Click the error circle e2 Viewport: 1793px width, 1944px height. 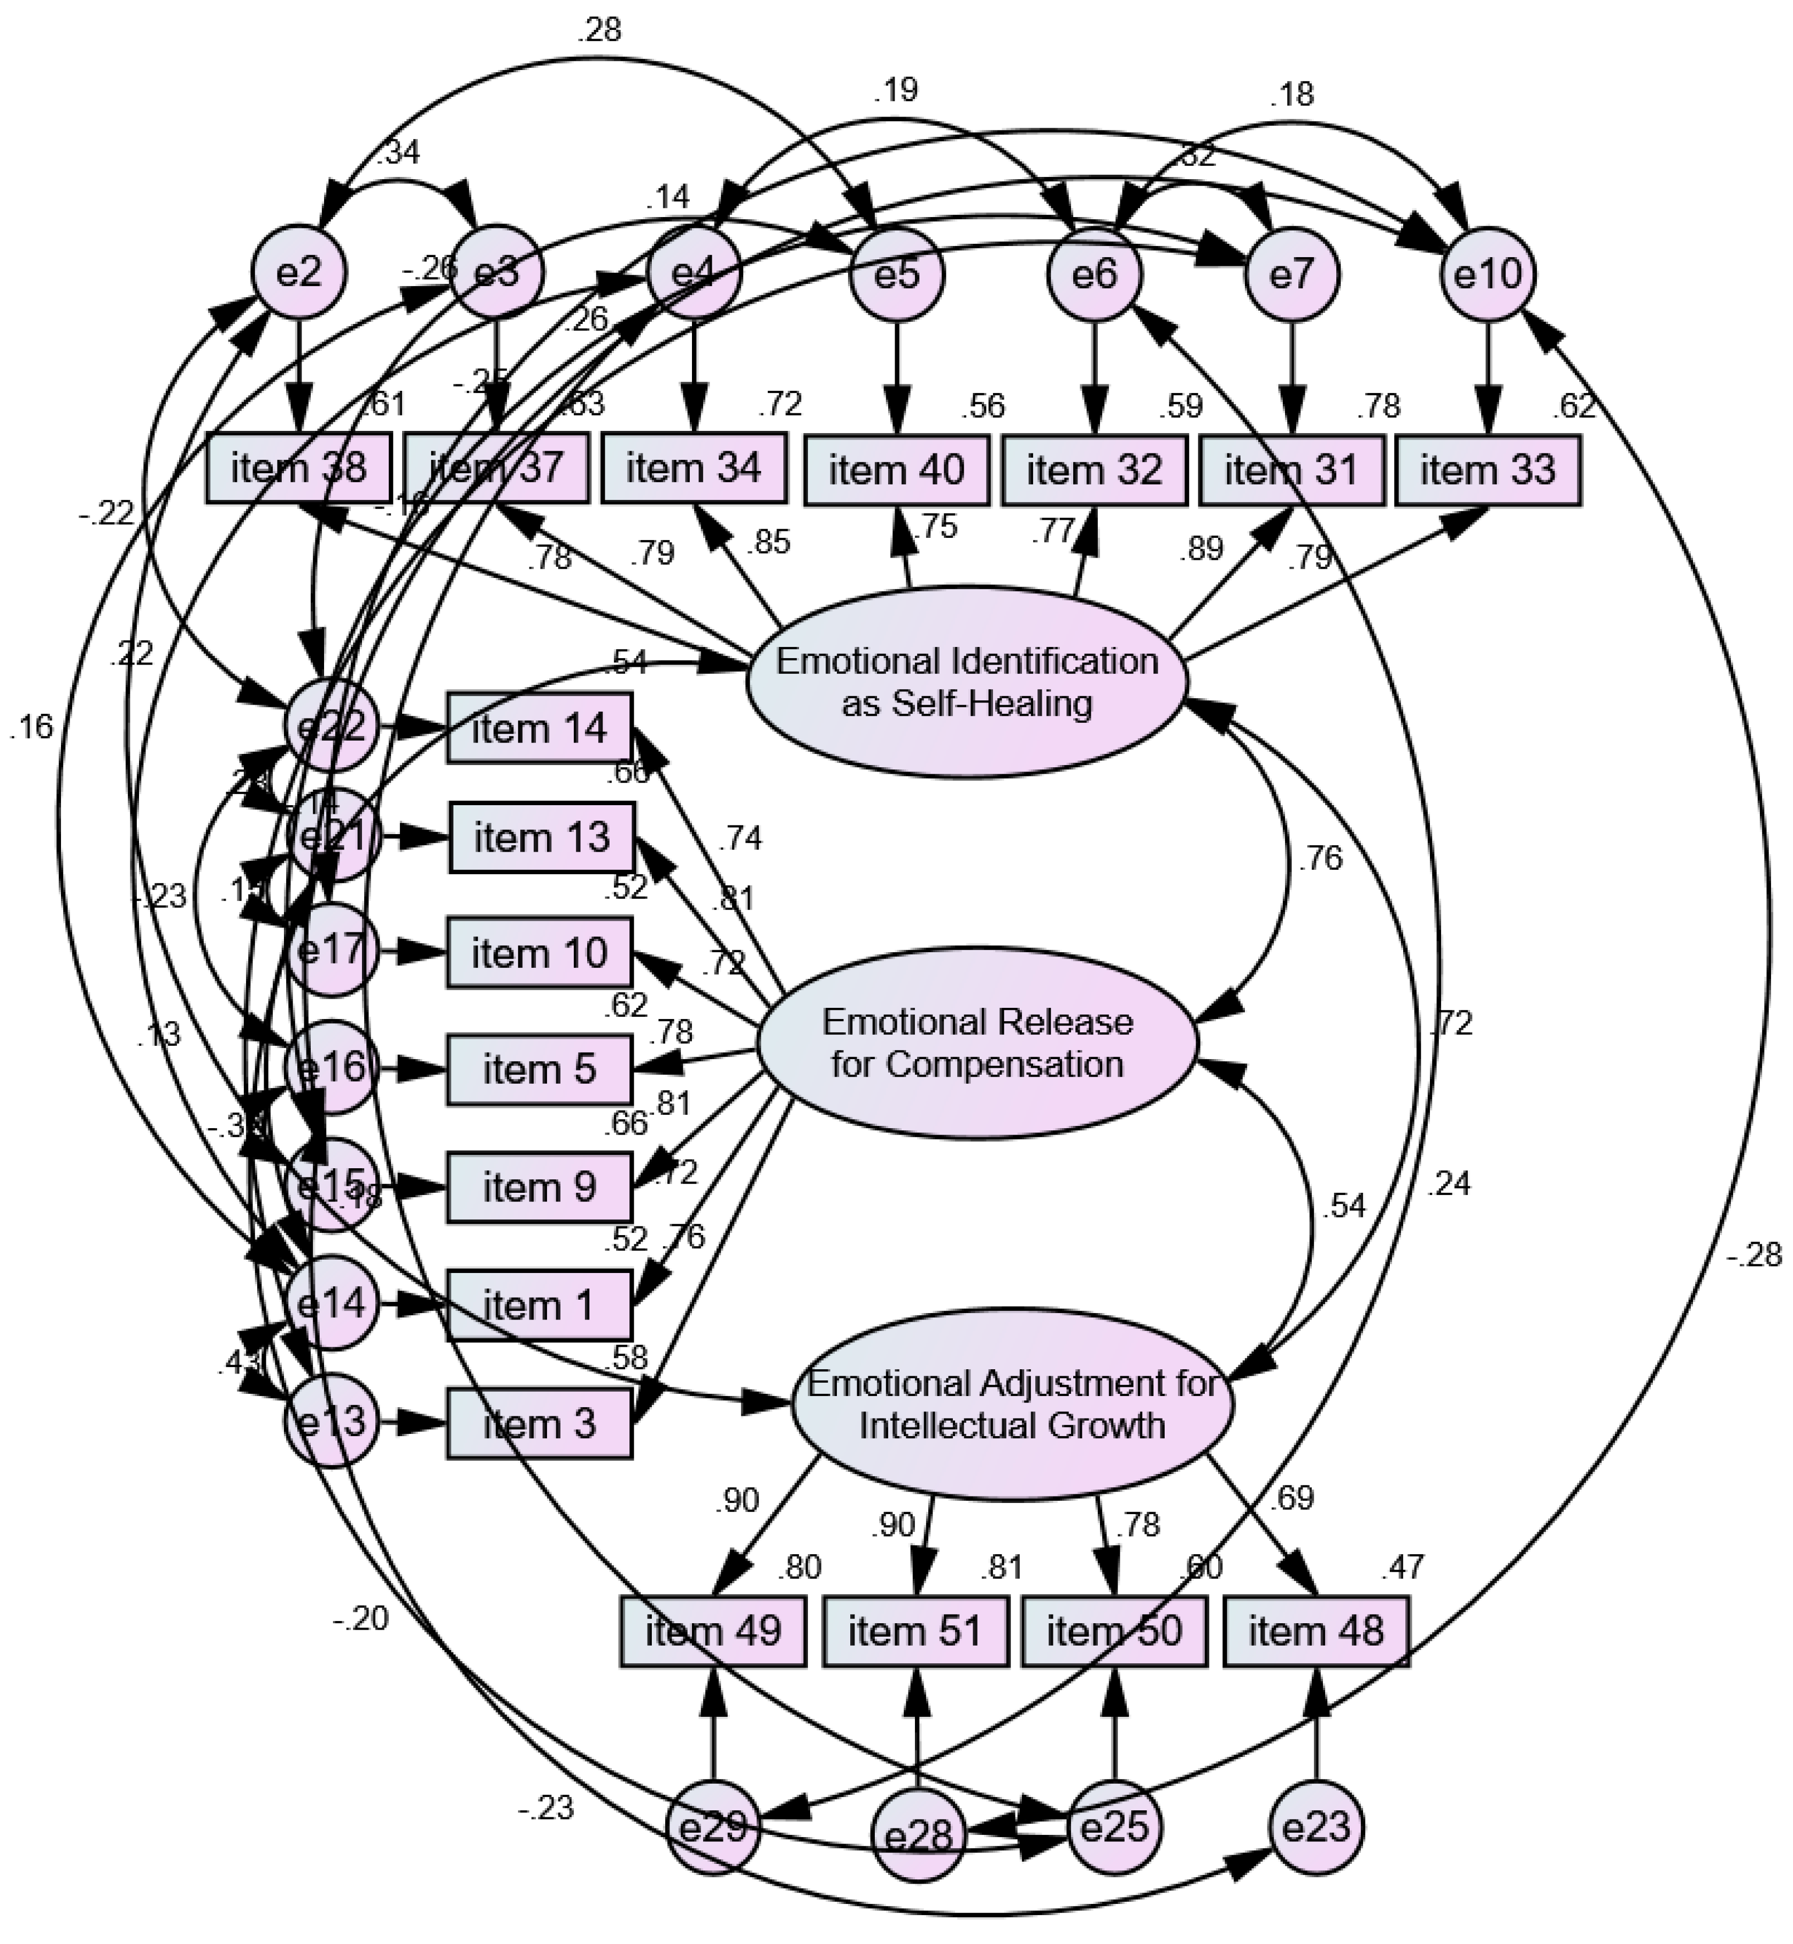[x=299, y=274]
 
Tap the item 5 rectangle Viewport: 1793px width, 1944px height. [x=540, y=1069]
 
